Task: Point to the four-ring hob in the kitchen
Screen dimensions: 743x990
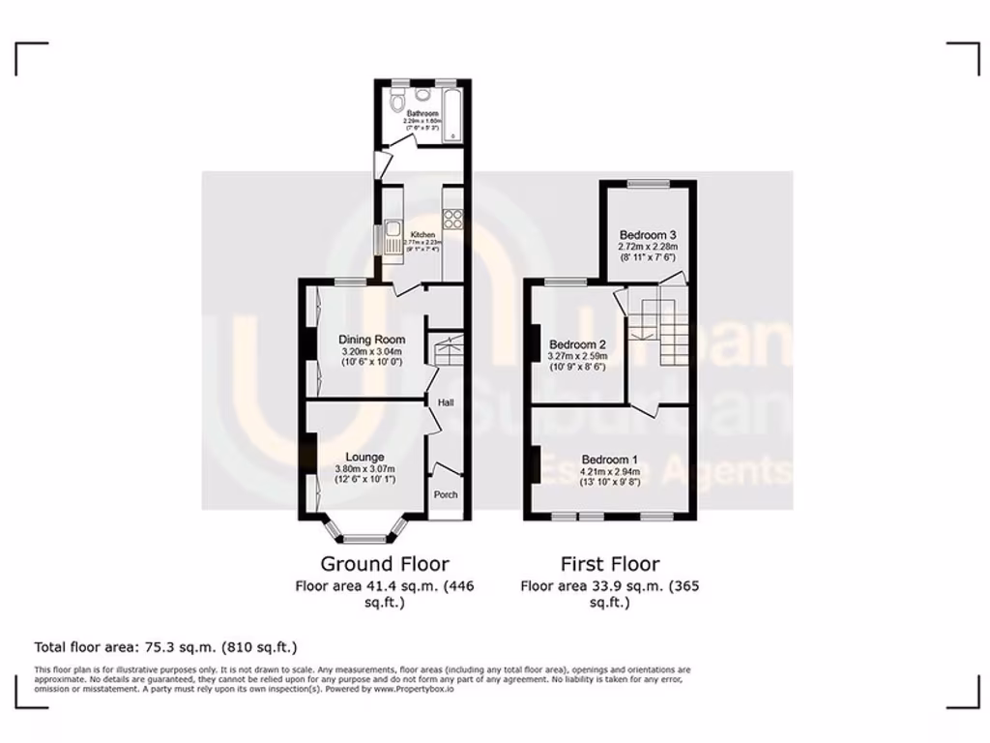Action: click(x=452, y=219)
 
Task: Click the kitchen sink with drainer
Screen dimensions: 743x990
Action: click(x=393, y=236)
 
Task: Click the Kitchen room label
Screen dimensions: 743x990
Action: click(x=422, y=235)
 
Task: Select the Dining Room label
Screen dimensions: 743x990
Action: click(x=371, y=340)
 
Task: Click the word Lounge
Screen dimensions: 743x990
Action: click(x=365, y=457)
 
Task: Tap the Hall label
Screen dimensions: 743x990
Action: click(x=446, y=402)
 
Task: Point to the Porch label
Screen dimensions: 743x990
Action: click(x=446, y=494)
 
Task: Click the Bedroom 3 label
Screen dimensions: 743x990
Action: click(x=648, y=235)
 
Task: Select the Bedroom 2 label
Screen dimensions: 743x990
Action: click(x=577, y=344)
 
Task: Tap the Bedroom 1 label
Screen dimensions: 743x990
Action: click(x=609, y=459)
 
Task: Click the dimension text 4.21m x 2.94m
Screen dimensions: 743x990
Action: click(x=609, y=470)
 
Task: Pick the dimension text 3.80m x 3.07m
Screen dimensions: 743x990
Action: click(x=365, y=469)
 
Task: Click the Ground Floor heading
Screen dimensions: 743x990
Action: click(x=385, y=563)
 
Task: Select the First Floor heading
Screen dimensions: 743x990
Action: click(x=609, y=563)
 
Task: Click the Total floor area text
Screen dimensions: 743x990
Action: click(x=165, y=647)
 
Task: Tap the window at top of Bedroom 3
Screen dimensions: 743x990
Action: click(x=648, y=182)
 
